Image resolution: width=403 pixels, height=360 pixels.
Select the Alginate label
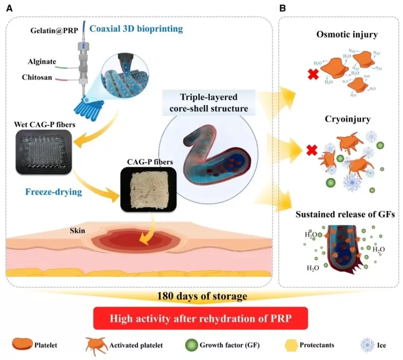tap(43, 61)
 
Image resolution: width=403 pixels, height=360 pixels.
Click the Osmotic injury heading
tap(340, 36)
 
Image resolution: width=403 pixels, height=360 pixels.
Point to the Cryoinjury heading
tap(340, 120)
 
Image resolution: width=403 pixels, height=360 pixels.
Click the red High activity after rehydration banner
tap(201, 319)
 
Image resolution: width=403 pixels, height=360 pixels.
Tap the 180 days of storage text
tap(201, 296)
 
